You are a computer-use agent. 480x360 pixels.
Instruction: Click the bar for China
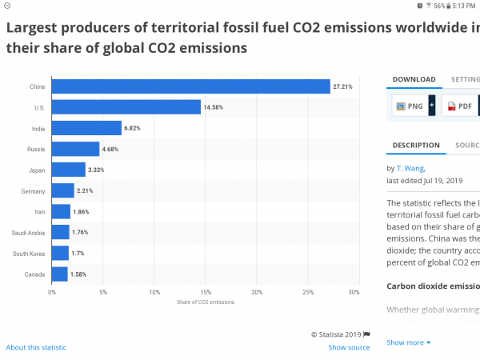(190, 86)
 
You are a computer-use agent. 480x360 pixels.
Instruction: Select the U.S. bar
(126, 107)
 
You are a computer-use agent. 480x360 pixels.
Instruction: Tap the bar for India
(86, 128)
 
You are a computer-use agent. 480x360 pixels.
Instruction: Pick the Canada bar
(59, 274)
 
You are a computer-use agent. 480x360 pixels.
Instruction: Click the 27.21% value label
(343, 86)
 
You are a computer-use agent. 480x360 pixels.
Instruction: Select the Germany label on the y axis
(34, 191)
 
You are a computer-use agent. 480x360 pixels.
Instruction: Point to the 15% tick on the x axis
(206, 292)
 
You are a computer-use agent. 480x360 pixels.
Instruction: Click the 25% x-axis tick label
(308, 292)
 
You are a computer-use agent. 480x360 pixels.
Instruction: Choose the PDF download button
(459, 106)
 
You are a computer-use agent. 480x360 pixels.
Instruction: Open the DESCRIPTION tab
(416, 146)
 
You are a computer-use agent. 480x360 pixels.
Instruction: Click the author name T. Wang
(414, 169)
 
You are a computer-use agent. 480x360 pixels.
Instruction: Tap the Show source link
(349, 347)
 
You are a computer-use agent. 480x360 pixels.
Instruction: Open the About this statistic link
(36, 347)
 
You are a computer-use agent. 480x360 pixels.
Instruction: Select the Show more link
(408, 342)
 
